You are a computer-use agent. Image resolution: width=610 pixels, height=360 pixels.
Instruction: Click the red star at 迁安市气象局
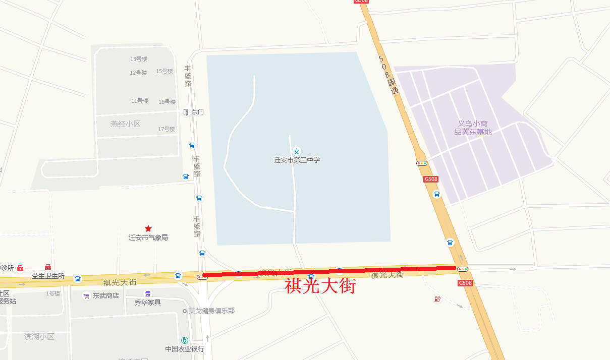(148, 228)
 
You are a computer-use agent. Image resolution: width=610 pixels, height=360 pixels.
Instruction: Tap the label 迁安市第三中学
(297, 160)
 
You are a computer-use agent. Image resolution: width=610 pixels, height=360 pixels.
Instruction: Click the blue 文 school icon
(297, 151)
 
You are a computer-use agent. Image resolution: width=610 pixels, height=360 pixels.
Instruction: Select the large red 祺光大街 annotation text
(321, 286)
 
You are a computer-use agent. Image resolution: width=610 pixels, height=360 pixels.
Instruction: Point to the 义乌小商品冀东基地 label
(473, 128)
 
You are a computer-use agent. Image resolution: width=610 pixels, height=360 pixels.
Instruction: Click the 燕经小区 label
(125, 124)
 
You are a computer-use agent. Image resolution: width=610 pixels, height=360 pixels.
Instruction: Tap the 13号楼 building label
(139, 59)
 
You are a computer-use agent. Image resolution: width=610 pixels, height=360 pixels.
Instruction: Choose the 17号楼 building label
(167, 129)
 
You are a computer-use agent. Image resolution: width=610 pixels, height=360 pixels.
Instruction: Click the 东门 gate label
(197, 112)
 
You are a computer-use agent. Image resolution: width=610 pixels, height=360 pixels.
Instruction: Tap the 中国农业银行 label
(185, 349)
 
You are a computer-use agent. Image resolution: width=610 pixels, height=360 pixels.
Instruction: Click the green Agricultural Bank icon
(185, 340)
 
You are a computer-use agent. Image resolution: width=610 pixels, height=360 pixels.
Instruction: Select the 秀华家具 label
(148, 303)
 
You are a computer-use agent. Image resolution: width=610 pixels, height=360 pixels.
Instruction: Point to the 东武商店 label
(105, 296)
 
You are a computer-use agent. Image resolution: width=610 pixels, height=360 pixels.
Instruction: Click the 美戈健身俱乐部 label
(211, 311)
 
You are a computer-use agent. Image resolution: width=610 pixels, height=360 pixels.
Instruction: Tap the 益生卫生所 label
(48, 276)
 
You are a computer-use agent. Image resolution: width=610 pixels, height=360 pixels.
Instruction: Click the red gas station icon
(437, 299)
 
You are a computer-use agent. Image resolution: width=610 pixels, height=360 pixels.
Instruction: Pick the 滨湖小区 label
(39, 336)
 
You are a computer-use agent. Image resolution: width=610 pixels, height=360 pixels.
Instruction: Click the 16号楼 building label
(167, 102)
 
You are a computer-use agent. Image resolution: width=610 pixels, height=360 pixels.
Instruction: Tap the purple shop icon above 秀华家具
(148, 293)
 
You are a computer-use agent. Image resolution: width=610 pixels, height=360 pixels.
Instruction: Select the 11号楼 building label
(140, 101)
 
